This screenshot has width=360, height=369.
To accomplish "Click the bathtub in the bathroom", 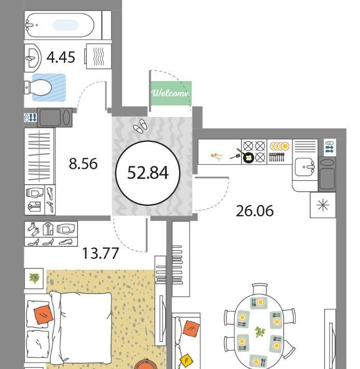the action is tap(60, 25).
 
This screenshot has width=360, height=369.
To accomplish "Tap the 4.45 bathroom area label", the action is tap(61, 57).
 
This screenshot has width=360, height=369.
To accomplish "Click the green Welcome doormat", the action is tap(171, 93).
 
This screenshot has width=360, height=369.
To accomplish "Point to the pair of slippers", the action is tap(140, 125).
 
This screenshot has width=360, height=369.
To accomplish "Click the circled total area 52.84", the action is tap(148, 173).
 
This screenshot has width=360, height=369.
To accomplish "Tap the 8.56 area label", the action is tap(83, 164).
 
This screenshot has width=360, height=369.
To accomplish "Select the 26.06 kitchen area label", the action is tap(255, 211).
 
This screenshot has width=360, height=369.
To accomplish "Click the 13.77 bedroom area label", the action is tap(100, 254).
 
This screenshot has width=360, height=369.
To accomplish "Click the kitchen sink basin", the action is tap(305, 167).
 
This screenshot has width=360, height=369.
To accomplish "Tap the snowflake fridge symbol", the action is tap(323, 205).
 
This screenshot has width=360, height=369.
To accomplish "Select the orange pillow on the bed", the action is tap(43, 314).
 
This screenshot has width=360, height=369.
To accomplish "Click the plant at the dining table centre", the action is tap(260, 332).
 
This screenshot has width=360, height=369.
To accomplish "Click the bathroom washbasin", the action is tap(33, 58).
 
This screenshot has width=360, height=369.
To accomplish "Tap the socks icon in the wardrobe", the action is tap(33, 229).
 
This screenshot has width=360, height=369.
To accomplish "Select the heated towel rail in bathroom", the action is tap(99, 57).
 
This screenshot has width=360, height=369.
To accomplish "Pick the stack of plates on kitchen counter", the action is tap(279, 146).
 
